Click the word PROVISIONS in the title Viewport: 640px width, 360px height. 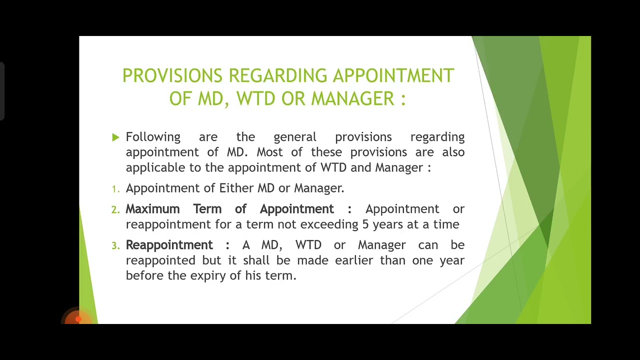172,76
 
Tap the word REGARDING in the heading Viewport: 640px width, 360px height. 278,76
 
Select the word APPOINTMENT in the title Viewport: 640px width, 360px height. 393,76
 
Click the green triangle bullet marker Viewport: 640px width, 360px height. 116,137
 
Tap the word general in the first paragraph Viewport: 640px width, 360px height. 295,137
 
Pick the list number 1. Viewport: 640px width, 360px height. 115,189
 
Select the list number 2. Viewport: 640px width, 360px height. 115,210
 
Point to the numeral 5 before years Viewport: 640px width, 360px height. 365,224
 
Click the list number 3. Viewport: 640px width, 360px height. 115,245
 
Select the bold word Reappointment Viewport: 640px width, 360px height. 169,245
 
